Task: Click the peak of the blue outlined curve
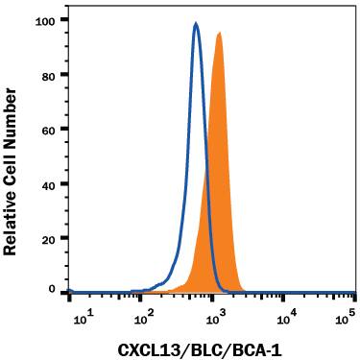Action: [196, 25]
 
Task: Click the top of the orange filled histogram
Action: [220, 34]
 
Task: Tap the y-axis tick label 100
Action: [45, 19]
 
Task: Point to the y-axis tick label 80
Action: [48, 74]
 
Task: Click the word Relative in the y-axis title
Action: [12, 218]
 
